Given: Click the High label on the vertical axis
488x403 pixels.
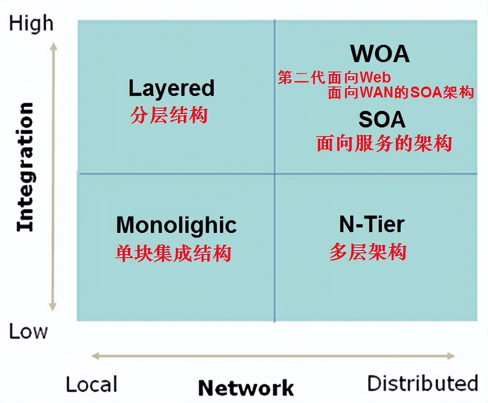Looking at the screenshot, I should [x=31, y=24].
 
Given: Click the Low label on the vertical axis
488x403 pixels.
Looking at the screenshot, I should [x=28, y=331].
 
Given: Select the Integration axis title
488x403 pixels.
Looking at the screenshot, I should [x=26, y=167].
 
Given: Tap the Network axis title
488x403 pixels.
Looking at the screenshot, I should [x=246, y=388].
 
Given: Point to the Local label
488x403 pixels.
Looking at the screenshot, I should [x=92, y=385].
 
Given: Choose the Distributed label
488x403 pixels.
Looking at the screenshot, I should [x=422, y=383].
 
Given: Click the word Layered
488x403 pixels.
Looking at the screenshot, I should [x=171, y=88].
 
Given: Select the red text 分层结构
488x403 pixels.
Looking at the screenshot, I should [x=169, y=115].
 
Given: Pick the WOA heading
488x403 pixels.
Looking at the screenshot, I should [x=380, y=54].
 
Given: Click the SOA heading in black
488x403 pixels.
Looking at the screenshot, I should [x=382, y=120].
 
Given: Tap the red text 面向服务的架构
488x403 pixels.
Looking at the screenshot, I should [x=384, y=143].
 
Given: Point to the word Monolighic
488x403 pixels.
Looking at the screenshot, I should [x=176, y=226].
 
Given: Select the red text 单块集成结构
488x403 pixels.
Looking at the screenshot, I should [x=173, y=253].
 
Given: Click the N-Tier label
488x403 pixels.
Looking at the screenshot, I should [x=372, y=224].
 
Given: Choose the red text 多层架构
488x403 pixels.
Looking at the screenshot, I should [x=368, y=252].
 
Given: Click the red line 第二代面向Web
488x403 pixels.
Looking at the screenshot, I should [x=334, y=78].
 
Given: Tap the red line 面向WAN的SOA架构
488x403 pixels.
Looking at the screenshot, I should [x=401, y=93].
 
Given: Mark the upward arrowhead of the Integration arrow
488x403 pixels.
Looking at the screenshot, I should [x=54, y=47].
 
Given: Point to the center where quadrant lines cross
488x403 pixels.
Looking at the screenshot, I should [x=275, y=173].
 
